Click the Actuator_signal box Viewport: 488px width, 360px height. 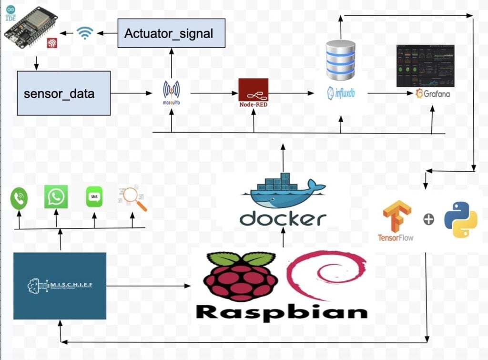(x=171, y=33)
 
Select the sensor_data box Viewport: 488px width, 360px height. (x=64, y=93)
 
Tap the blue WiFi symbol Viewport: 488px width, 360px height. (x=85, y=33)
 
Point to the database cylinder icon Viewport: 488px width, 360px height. (x=340, y=60)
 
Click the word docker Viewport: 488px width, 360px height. (x=283, y=219)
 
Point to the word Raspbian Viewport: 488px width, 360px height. (x=282, y=312)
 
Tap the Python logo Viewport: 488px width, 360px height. (x=460, y=219)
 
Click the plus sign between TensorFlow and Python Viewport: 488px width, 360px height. (x=428, y=220)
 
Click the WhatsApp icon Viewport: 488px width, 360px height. (x=56, y=196)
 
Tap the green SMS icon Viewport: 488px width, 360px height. (x=94, y=197)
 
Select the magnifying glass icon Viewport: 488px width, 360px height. (x=133, y=197)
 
